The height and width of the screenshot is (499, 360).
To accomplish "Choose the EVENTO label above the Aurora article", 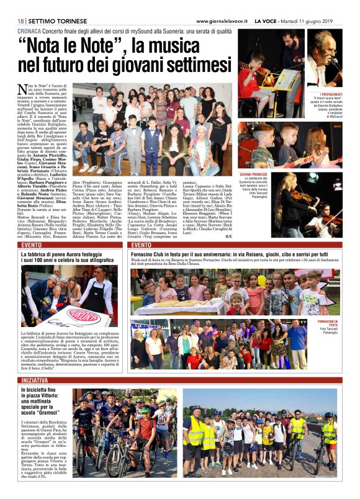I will pyautogui.click(x=32, y=245).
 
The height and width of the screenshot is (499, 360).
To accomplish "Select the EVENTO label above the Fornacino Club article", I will pyautogui.click(x=142, y=245).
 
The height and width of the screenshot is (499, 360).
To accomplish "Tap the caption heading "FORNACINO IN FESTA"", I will pyautogui.click(x=325, y=321).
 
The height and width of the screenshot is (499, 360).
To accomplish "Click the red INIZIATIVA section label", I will pyautogui.click(x=35, y=379).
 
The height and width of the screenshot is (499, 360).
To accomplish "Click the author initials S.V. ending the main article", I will pyautogui.click(x=245, y=236).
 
